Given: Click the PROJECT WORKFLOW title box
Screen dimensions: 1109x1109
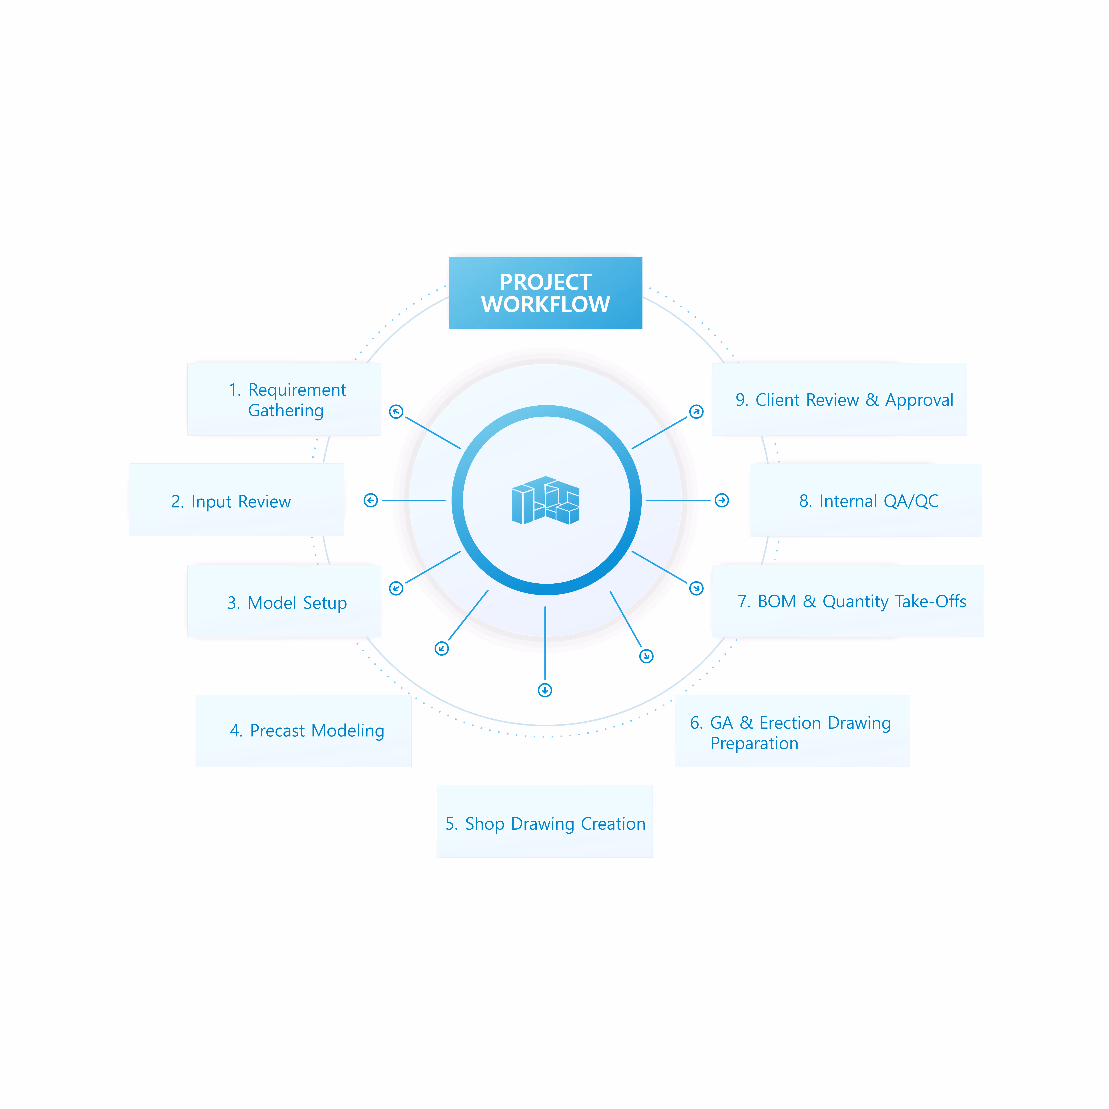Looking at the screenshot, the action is [x=545, y=293].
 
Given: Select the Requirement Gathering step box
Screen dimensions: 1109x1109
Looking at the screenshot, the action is [x=284, y=399].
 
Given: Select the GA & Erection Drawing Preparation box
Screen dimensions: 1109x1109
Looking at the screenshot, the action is [x=793, y=731].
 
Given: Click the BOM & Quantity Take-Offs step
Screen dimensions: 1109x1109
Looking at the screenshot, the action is [x=848, y=601].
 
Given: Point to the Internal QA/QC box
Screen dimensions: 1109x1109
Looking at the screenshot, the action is [x=866, y=500].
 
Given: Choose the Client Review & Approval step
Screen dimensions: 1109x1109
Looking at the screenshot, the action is [x=839, y=399].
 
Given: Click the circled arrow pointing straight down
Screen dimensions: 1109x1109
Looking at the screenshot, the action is [x=545, y=690].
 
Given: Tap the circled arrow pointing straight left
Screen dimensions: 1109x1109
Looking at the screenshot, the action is [x=371, y=501].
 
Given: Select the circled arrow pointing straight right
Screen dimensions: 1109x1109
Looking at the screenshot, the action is [x=722, y=501].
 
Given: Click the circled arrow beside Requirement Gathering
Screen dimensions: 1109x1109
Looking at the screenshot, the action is [x=396, y=412].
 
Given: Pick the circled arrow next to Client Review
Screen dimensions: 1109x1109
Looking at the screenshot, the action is [x=696, y=412].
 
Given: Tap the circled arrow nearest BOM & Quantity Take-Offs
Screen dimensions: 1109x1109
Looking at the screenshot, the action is [x=696, y=588].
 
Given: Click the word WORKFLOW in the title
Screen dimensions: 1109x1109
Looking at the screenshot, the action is [x=545, y=304].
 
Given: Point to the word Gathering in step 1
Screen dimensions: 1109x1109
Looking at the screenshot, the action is [x=286, y=411].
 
